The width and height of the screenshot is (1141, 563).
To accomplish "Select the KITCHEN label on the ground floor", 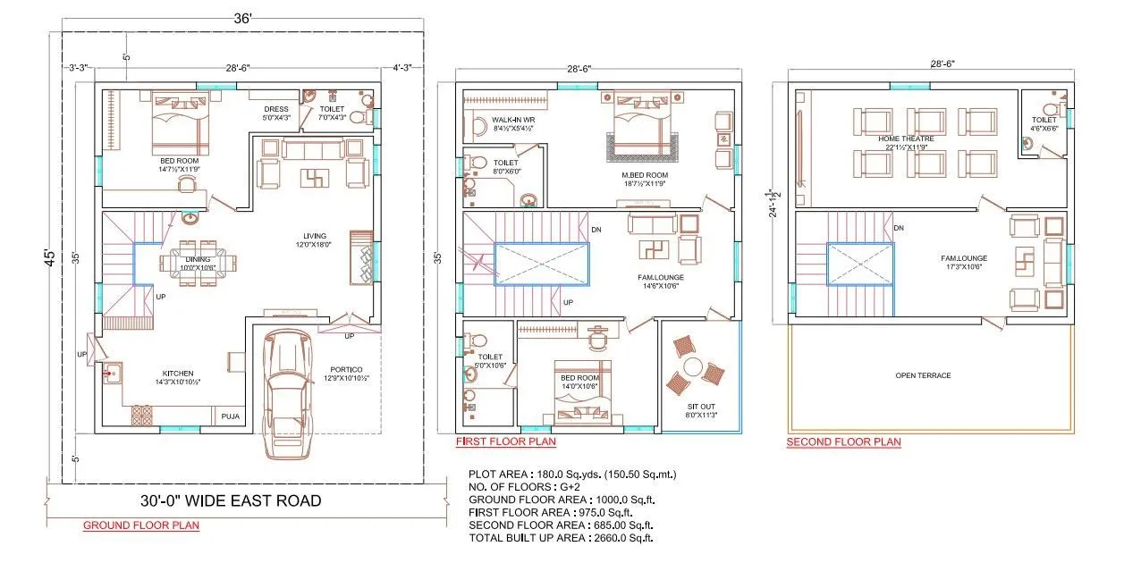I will point(177,373).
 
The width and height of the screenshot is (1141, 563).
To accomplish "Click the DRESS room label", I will point(275,109).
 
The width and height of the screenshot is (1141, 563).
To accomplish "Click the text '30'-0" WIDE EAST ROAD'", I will point(231,500).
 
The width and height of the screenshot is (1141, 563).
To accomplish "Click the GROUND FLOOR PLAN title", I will point(141,525).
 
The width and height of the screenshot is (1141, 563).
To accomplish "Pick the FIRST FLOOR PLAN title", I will point(505,441).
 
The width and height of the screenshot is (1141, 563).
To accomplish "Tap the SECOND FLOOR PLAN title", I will point(843,441).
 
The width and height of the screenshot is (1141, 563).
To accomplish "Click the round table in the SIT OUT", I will point(692,367).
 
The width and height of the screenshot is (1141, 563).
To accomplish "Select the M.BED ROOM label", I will point(646,174).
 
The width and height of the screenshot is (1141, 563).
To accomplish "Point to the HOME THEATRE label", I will point(905,139).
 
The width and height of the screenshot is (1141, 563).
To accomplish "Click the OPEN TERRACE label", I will point(923,375).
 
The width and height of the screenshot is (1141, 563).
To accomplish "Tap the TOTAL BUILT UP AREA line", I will point(560,538).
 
